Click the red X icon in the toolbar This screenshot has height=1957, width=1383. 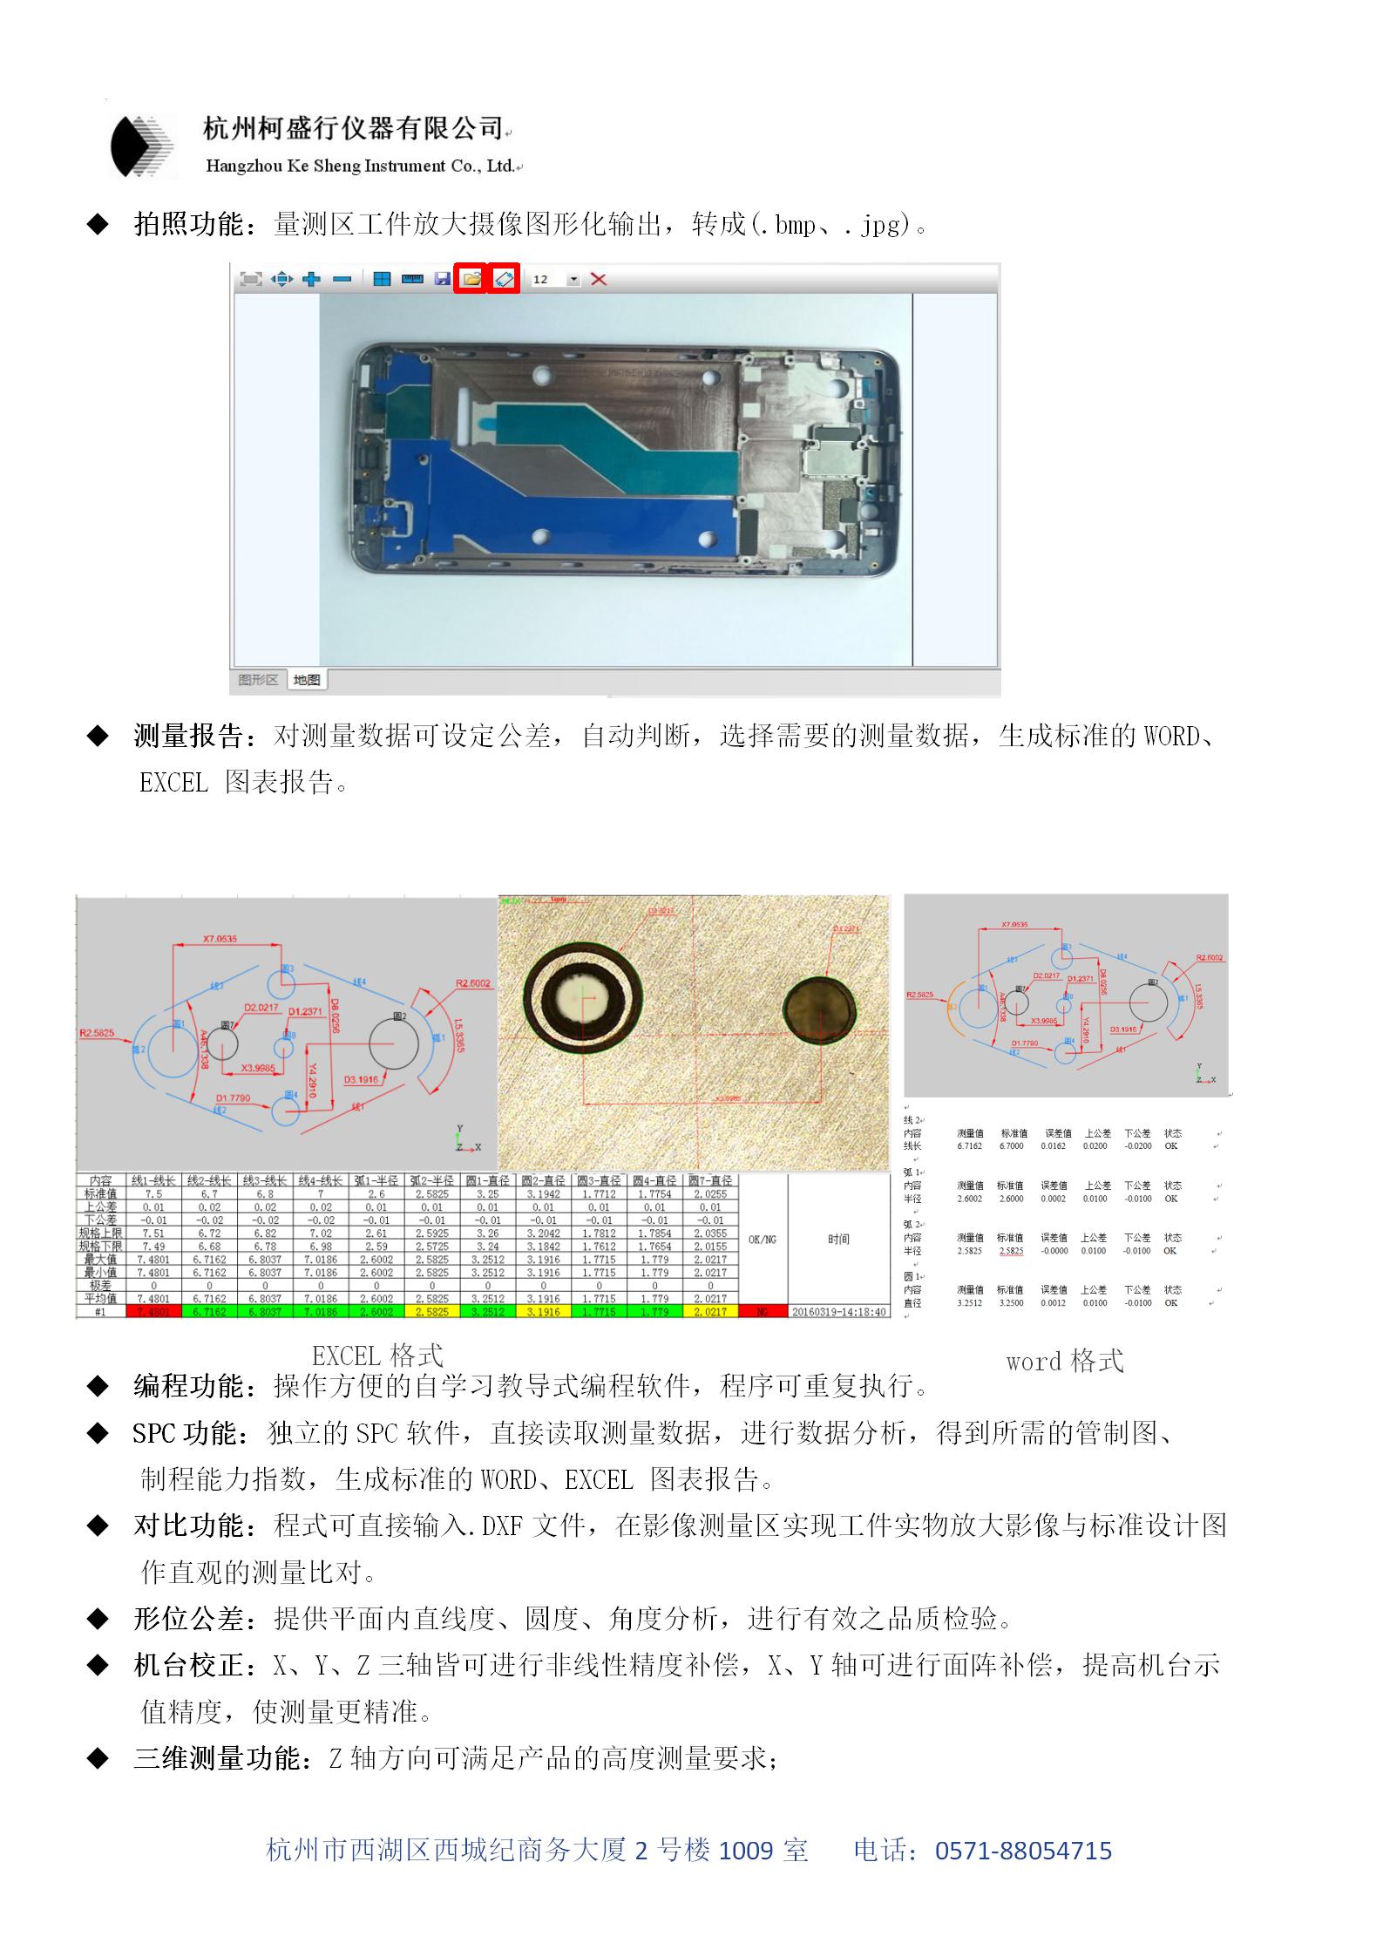point(599,279)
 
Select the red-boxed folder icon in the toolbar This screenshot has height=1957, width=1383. point(471,279)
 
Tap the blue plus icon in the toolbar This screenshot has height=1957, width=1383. point(311,279)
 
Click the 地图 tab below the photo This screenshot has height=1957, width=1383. point(307,680)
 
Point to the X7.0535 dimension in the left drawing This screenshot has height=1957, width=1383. point(220,939)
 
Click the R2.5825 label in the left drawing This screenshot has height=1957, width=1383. point(97,1033)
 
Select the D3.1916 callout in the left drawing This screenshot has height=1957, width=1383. point(361,1080)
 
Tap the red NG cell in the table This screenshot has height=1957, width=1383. point(762,1312)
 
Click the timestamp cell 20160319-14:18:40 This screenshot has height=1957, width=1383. point(838,1312)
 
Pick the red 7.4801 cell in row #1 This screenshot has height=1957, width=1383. point(153,1312)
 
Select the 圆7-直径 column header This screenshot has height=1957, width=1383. point(710,1180)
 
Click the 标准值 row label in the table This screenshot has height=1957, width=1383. point(101,1194)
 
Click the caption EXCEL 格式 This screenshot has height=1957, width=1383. point(377,1356)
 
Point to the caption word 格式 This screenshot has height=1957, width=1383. point(1064,1361)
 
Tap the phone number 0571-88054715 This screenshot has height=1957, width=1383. point(1023,1851)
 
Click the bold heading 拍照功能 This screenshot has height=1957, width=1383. point(189,225)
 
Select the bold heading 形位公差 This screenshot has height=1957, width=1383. point(189,1619)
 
